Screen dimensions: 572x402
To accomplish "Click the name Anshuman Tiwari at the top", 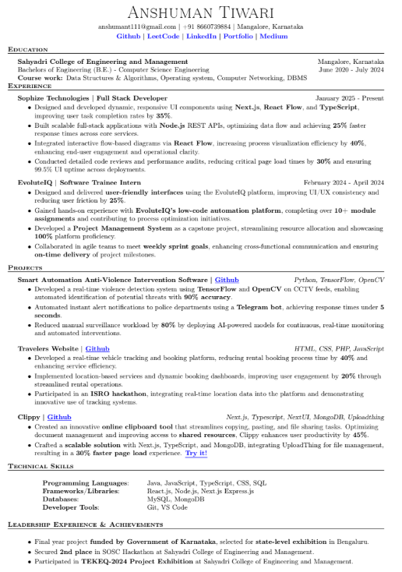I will tap(200, 12).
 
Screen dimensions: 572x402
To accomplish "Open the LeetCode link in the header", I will tap(163, 36).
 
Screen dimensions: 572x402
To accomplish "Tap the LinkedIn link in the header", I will tap(201, 36).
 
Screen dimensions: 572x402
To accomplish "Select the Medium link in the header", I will tap(273, 36).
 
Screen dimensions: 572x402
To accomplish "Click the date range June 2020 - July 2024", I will tap(351, 69).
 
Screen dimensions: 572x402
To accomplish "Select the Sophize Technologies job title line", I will tap(92, 98).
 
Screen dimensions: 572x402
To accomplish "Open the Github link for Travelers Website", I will tap(97, 348).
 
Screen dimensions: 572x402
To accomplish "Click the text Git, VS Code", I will tap(167, 507).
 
